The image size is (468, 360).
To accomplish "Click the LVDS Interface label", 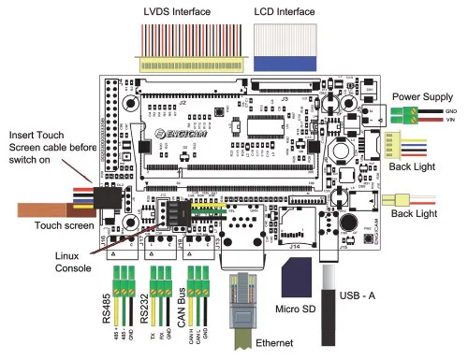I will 175,11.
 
